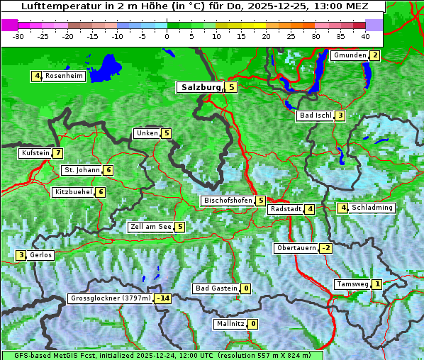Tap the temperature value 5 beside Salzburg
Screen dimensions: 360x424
point(232,87)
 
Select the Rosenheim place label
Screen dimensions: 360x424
point(64,76)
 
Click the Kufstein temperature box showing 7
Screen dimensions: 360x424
point(58,153)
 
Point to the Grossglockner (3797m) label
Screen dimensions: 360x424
point(111,298)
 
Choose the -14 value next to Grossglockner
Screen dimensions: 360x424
point(163,298)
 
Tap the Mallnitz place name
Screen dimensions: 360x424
point(230,324)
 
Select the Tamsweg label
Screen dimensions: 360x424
point(352,284)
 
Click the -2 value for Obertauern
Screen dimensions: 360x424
point(325,248)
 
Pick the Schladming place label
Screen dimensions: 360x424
point(372,208)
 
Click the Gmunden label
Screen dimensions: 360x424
point(350,55)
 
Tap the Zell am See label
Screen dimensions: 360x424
point(150,227)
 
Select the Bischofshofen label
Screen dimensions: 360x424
point(228,201)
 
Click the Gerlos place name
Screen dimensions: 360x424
point(41,255)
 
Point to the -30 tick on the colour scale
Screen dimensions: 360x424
point(18,35)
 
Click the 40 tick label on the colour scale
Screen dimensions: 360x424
point(364,35)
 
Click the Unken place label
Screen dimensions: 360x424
point(147,133)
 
